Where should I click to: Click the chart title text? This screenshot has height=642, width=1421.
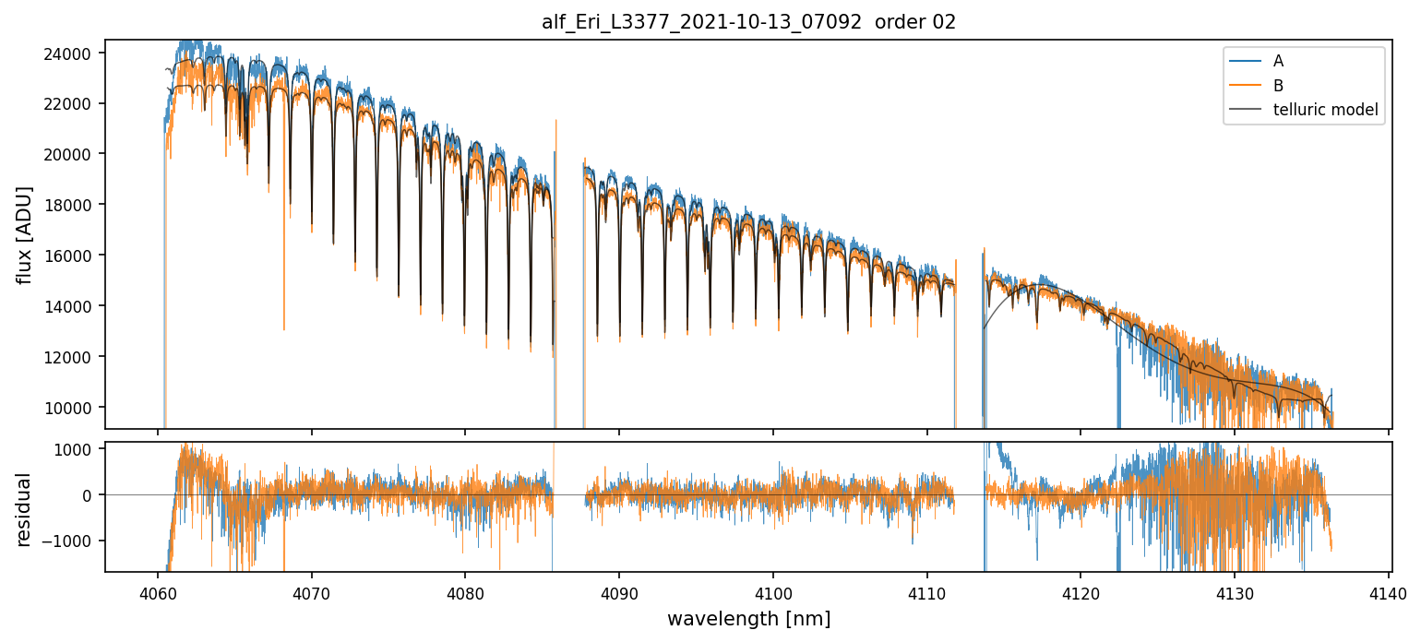tap(748, 22)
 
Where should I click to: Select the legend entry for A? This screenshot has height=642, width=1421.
tap(1278, 61)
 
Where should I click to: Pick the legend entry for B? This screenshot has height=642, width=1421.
tap(1278, 86)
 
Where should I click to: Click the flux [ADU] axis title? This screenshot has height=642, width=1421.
tap(25, 234)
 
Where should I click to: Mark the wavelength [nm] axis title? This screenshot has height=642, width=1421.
tap(748, 619)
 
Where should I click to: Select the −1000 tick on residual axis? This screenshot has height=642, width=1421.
tap(74, 541)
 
